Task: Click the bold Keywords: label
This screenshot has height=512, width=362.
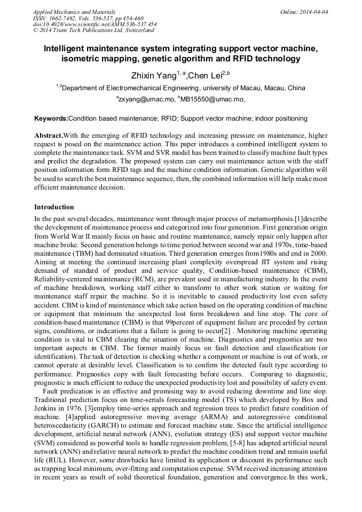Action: [x=51, y=118]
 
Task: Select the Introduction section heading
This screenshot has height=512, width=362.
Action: [x=54, y=207]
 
